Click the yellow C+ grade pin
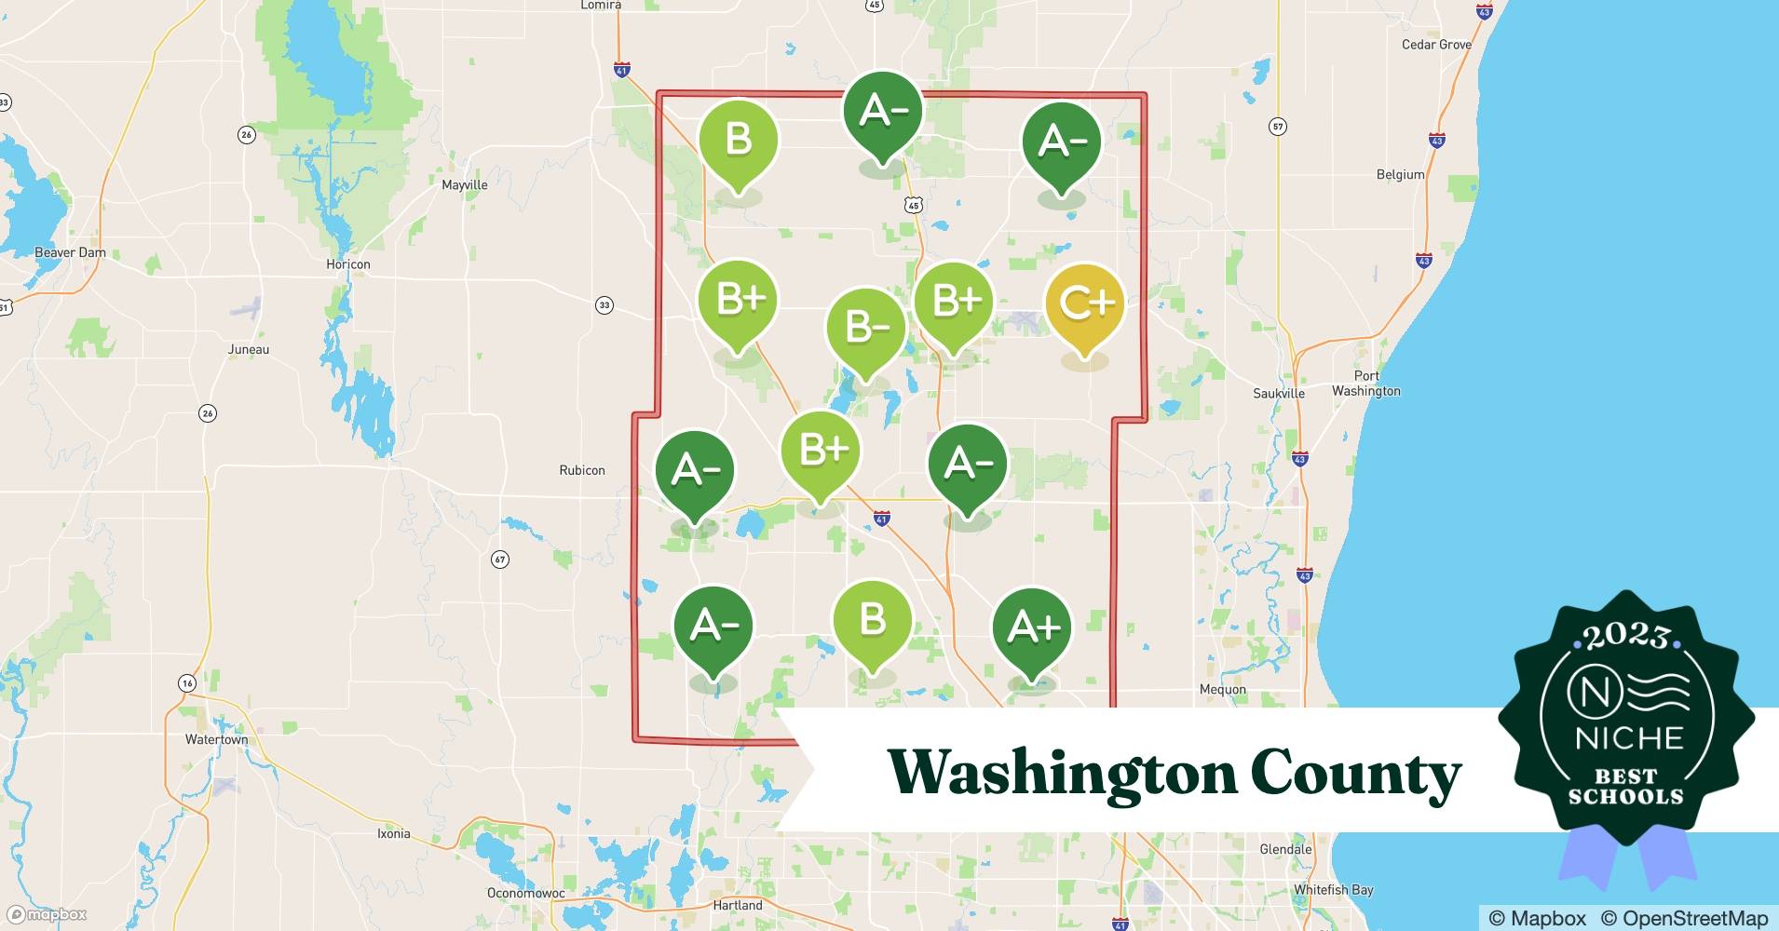[x=1084, y=304]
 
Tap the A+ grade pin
[x=1032, y=627]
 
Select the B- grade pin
[x=866, y=329]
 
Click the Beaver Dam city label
[x=70, y=252]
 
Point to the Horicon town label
[x=348, y=264]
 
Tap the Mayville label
[x=464, y=185]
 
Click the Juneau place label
[x=249, y=350]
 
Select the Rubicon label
[x=582, y=470]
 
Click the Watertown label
[x=217, y=740]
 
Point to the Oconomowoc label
[x=526, y=893]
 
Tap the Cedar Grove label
[x=1436, y=45]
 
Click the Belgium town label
[x=1400, y=175]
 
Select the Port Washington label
[x=1365, y=384]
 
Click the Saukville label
[x=1279, y=394]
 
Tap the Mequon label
[x=1223, y=690]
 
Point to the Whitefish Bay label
[x=1333, y=890]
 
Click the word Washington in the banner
[x=1060, y=773]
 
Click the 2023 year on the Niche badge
[x=1625, y=636]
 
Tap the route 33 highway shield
[x=604, y=305]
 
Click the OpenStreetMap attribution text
[x=1683, y=918]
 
